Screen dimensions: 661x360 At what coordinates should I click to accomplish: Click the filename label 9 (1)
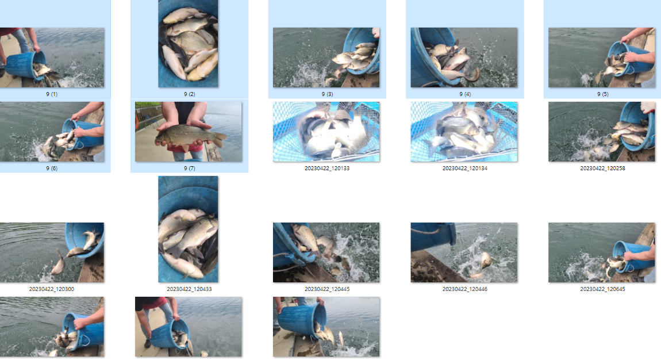point(51,94)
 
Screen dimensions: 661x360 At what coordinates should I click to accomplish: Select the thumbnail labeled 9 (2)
point(188,44)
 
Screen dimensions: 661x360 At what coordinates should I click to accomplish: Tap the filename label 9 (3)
point(327,94)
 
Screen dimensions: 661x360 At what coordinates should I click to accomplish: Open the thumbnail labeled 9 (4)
point(464,58)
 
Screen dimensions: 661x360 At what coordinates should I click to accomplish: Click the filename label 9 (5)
point(602,94)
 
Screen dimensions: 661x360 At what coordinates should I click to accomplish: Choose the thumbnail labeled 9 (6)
point(51,132)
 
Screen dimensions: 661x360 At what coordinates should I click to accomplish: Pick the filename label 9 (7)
point(189,168)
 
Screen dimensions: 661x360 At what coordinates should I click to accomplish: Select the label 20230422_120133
point(327,168)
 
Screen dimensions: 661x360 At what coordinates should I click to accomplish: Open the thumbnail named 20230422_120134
point(464,132)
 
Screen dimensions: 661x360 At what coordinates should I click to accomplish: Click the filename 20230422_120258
point(602,168)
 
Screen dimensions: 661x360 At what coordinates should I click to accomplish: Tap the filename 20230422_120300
point(51,289)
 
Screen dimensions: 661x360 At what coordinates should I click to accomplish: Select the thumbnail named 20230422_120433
point(188,229)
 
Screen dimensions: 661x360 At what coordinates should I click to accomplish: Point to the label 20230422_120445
point(327,289)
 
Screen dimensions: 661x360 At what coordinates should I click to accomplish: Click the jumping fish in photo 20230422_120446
point(485,261)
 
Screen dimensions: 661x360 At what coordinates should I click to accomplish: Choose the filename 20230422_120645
point(602,289)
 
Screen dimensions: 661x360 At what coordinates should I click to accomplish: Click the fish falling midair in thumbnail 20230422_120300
point(57,264)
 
